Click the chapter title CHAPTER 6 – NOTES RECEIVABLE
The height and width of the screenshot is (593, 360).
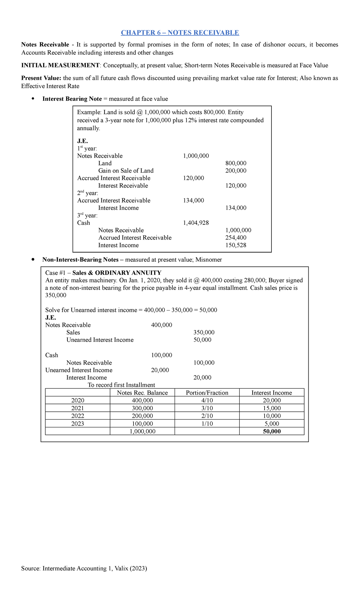click(x=180, y=33)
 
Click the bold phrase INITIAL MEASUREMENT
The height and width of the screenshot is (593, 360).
click(x=60, y=65)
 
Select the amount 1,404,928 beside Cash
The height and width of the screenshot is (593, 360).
click(x=196, y=223)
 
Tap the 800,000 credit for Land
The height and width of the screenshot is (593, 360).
click(x=236, y=163)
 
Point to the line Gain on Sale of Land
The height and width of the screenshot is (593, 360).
click(x=126, y=171)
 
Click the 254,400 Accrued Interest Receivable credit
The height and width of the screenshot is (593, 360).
click(x=236, y=238)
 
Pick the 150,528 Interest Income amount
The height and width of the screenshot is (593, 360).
click(x=236, y=245)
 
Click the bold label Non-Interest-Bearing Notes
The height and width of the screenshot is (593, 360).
click(x=80, y=260)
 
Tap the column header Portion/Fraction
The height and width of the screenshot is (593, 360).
click(x=207, y=393)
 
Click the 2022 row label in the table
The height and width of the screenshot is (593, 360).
click(x=78, y=416)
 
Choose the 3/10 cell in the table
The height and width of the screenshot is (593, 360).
click(x=207, y=408)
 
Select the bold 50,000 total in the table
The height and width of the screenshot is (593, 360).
click(x=272, y=432)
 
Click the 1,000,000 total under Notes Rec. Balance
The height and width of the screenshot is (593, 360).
click(x=142, y=432)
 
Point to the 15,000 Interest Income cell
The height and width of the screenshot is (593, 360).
click(x=272, y=408)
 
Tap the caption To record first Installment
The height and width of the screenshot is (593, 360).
click(x=121, y=385)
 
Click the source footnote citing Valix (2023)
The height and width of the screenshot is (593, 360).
click(x=84, y=568)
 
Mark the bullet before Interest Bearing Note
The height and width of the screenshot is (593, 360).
click(x=33, y=99)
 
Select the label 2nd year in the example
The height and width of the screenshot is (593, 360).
click(x=88, y=193)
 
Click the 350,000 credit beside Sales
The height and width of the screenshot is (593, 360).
click(x=204, y=333)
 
